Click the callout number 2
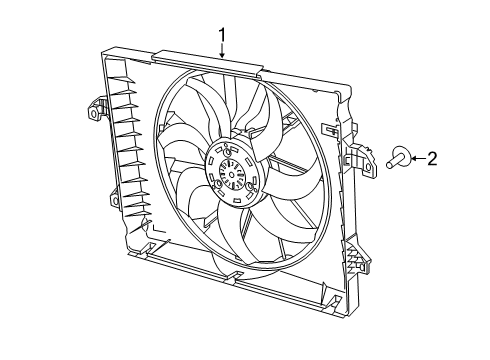(432, 157)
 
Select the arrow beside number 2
(417, 157)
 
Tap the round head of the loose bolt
(400, 156)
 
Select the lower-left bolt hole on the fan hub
(217, 187)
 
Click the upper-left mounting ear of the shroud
(96, 109)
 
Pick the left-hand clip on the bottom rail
(150, 246)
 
